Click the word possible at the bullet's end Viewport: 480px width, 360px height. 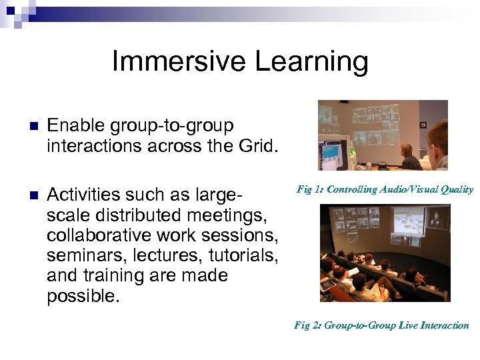pyautogui.click(x=82, y=295)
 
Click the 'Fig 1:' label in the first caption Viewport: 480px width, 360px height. pyautogui.click(x=310, y=189)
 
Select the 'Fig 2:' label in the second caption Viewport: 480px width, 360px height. pyautogui.click(x=307, y=325)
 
